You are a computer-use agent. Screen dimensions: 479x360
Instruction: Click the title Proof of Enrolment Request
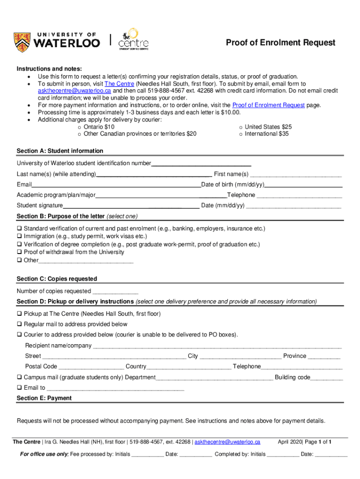(x=281, y=43)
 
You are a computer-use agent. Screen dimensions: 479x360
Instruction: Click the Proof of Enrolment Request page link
(x=268, y=105)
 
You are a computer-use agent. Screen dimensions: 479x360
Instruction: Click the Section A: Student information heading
(x=60, y=151)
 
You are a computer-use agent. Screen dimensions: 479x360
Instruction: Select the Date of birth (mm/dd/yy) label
(x=233, y=185)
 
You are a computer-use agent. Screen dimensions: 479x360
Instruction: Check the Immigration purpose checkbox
(x=20, y=237)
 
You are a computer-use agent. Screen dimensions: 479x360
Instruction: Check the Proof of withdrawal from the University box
(x=20, y=252)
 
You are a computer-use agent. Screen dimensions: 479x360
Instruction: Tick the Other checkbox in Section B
(x=20, y=260)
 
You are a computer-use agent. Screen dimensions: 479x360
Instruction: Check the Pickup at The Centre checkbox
(x=20, y=314)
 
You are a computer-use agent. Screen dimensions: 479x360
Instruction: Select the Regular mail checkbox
(x=20, y=324)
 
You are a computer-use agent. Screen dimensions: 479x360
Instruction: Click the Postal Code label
(x=41, y=366)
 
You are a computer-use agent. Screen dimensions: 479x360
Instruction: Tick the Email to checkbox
(x=20, y=388)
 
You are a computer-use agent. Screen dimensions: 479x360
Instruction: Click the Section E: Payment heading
(x=44, y=398)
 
